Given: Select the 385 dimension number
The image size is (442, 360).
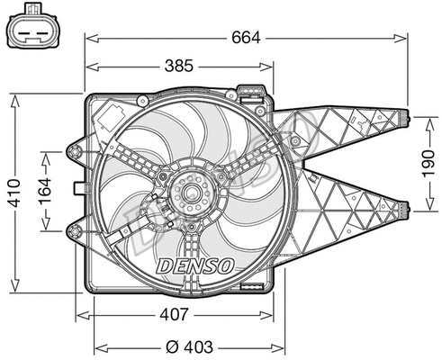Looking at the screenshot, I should pyautogui.click(x=180, y=67).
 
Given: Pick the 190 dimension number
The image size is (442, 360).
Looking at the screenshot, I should pyautogui.click(x=429, y=163).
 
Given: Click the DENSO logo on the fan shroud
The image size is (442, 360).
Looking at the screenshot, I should pyautogui.click(x=195, y=266).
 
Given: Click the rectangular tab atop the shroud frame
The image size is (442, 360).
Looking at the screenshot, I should pyautogui.click(x=251, y=91).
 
